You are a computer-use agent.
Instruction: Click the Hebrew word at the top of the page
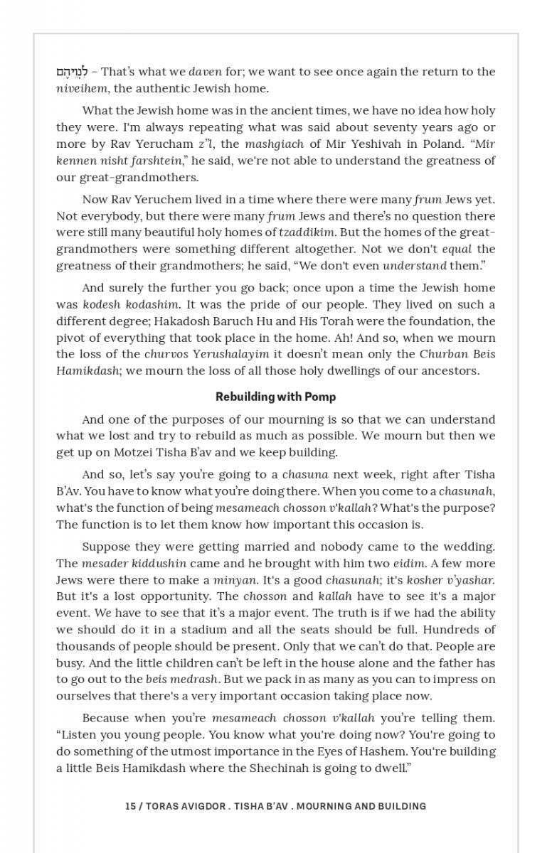(73, 72)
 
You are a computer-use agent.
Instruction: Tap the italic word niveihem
(80, 89)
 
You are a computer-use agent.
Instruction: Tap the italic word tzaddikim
(305, 232)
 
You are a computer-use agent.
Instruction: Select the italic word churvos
(167, 354)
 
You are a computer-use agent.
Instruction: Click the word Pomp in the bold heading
(320, 397)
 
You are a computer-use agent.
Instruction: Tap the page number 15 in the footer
(130, 806)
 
